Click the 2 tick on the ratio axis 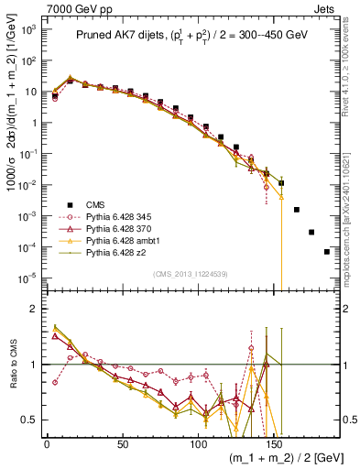click(x=33, y=309)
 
